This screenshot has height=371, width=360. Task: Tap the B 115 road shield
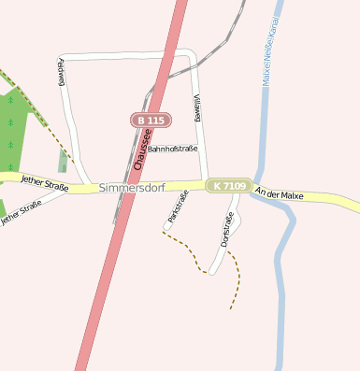[149, 121]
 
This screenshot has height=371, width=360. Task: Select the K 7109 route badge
[228, 186]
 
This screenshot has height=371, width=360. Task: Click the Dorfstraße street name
[227, 230]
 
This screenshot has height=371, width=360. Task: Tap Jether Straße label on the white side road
[22, 214]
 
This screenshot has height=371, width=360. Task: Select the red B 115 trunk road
[103, 280]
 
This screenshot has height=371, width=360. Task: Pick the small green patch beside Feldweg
[63, 161]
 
